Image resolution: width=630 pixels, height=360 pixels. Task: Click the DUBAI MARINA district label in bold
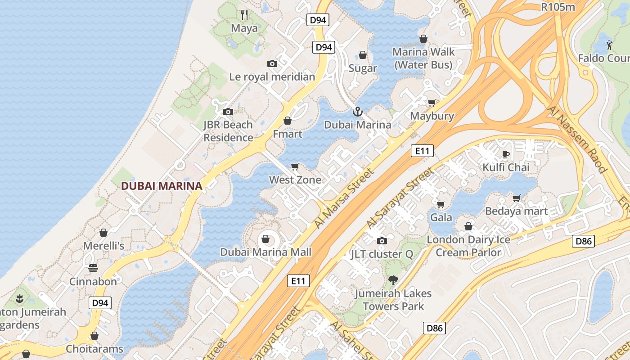point(162,185)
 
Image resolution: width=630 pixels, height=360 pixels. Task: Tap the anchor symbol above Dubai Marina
point(358,111)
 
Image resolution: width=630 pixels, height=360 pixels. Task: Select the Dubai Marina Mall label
point(265,252)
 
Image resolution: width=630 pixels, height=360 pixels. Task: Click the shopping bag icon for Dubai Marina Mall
point(265,238)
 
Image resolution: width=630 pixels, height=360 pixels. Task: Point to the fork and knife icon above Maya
point(244,15)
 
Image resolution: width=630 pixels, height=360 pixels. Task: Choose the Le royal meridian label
point(272,76)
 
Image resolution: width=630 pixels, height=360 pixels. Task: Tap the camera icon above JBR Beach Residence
point(228,112)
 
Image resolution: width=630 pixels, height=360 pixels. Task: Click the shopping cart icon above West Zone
point(295,167)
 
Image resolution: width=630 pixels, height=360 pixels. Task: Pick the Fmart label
point(288,134)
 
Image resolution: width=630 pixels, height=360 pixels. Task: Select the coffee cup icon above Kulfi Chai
point(506,154)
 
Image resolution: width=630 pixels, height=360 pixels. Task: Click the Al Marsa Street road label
point(344,198)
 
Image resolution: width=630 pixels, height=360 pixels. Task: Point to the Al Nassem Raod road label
point(578,139)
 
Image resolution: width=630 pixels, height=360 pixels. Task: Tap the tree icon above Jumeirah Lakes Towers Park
point(393,280)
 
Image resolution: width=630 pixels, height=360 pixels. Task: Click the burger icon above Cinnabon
point(93,268)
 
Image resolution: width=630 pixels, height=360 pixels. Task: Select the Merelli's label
point(103,246)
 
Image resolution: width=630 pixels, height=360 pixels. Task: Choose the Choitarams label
point(94,349)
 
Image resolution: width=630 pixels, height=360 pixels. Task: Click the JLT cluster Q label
point(382,254)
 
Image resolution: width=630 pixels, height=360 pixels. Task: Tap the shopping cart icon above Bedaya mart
point(516,198)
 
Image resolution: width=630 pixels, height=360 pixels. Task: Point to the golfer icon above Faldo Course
point(609,45)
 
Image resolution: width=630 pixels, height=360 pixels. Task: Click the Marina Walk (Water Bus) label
point(423,58)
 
